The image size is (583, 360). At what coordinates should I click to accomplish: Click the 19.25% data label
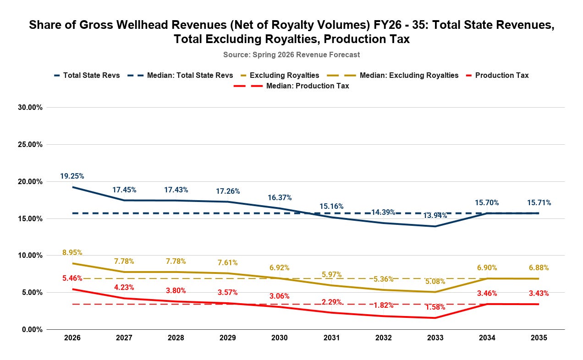click(72, 176)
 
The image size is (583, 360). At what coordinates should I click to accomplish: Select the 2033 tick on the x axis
click(435, 338)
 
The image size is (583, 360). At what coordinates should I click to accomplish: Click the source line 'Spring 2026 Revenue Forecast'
click(291, 55)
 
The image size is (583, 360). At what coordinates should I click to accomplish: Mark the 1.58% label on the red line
click(435, 306)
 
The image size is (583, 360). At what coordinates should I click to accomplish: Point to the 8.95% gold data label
click(72, 252)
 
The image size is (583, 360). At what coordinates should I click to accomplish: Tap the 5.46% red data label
click(72, 278)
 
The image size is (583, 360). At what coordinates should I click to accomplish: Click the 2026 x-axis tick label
click(72, 338)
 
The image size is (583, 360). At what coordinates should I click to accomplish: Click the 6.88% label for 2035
click(539, 267)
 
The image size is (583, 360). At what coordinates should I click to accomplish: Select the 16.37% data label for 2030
click(280, 197)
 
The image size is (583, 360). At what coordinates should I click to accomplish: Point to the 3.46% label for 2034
click(487, 293)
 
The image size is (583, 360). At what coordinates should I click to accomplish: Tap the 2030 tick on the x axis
click(280, 338)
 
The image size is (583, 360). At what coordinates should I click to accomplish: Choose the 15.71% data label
click(539, 202)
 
